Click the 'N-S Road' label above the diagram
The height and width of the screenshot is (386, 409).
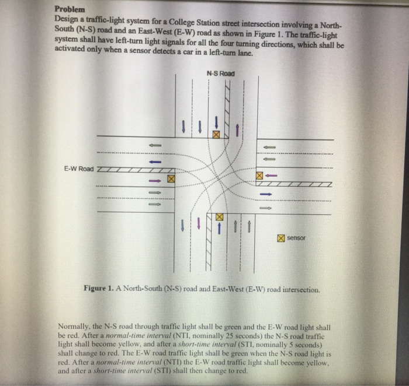pyautogui.click(x=220, y=73)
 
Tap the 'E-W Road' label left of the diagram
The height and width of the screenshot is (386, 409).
pyautogui.click(x=79, y=169)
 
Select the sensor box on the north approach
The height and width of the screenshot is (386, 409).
pyautogui.click(x=216, y=135)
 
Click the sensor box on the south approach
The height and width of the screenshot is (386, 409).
pyautogui.click(x=220, y=217)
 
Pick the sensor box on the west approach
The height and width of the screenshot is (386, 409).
pyautogui.click(x=171, y=179)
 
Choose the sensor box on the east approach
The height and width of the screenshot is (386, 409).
pyautogui.click(x=259, y=175)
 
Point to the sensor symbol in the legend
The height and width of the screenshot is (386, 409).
pyautogui.click(x=281, y=238)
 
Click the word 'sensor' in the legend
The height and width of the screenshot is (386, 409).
pyautogui.click(x=297, y=238)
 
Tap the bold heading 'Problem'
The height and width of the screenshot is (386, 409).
pyautogui.click(x=70, y=9)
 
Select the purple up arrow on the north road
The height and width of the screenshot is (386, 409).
pyautogui.click(x=237, y=129)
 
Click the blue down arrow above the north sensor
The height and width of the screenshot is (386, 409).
pyautogui.click(x=217, y=122)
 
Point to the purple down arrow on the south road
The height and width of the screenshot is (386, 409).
pyautogui.click(x=199, y=223)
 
